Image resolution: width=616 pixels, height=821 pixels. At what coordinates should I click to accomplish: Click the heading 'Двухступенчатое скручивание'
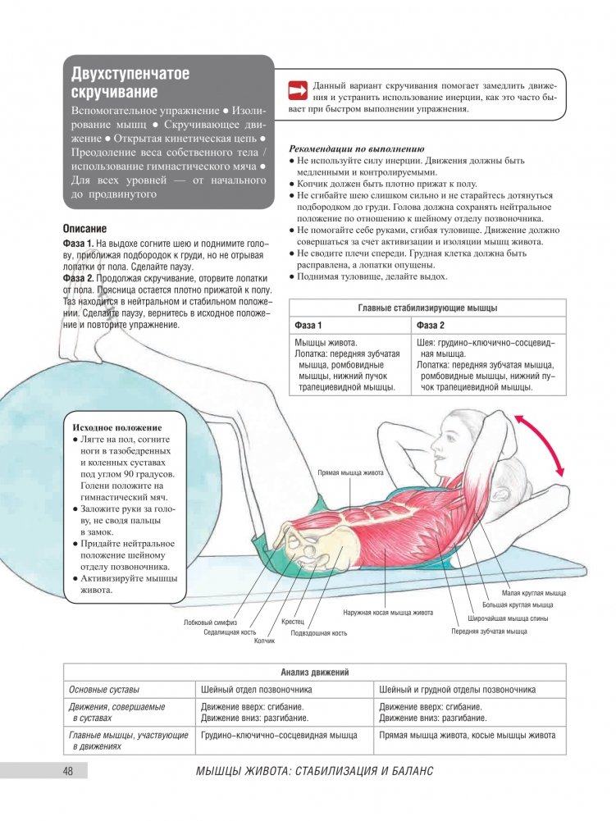130,83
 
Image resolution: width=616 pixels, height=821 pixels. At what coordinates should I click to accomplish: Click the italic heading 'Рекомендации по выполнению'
357,149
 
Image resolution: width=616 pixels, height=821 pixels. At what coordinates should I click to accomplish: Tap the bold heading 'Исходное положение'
117,427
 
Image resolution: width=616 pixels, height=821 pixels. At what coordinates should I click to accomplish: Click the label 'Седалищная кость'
230,632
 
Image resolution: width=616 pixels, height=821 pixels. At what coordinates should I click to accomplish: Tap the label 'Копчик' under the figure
264,641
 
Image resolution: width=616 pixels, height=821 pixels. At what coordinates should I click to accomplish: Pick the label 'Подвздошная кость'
319,632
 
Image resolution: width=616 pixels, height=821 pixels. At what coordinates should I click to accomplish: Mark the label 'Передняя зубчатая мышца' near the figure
489,632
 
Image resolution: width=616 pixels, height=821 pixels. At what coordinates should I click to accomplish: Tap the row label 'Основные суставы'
104,689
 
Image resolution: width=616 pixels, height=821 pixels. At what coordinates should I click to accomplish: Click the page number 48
68,771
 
